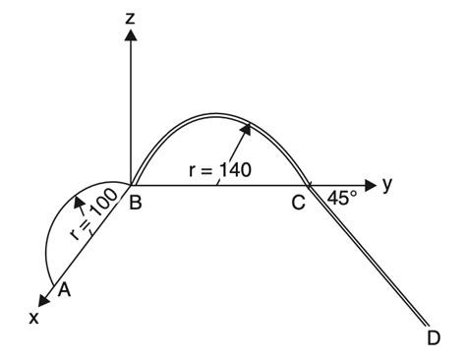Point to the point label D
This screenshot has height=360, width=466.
tap(435, 338)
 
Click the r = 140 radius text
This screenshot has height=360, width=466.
tap(220, 170)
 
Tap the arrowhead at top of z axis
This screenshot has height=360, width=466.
tap(130, 33)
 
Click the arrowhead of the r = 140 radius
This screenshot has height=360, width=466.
tap(248, 126)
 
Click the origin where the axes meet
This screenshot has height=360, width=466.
tap(130, 184)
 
